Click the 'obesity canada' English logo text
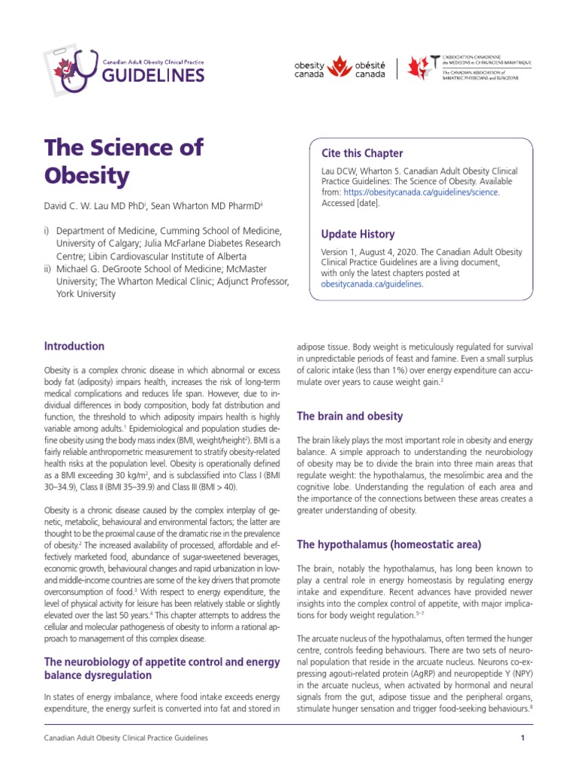pyautogui.click(x=310, y=70)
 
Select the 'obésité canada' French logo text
pyautogui.click(x=370, y=70)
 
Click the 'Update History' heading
pyautogui.click(x=357, y=234)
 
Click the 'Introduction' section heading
pyautogui.click(x=74, y=347)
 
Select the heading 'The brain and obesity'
pyautogui.click(x=350, y=416)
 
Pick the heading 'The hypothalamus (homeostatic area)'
pyautogui.click(x=391, y=544)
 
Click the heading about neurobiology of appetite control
pyautogui.click(x=162, y=668)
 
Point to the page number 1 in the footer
pyautogui.click(x=521, y=739)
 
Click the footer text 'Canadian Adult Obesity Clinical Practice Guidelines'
pyautogui.click(x=126, y=739)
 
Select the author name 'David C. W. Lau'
pyautogui.click(x=79, y=205)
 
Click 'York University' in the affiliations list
pyautogui.click(x=86, y=294)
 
